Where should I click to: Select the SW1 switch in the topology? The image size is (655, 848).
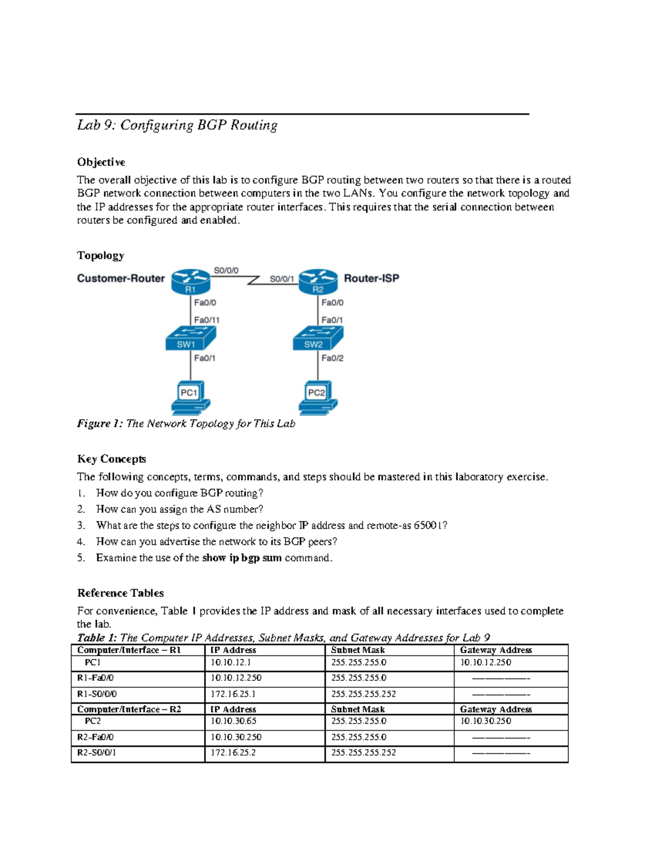click(x=190, y=339)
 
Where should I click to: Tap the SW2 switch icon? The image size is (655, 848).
click(x=318, y=339)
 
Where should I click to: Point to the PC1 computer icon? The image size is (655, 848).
click(x=190, y=397)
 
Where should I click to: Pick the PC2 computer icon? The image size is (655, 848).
click(x=318, y=397)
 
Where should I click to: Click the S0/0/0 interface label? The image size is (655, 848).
click(x=226, y=270)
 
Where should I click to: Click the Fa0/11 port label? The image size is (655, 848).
click(x=207, y=320)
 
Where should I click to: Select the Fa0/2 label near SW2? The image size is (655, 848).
click(x=332, y=358)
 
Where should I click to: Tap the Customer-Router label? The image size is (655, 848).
click(x=121, y=278)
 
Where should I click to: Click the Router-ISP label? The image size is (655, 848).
click(x=371, y=278)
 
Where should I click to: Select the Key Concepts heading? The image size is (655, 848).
click(x=111, y=459)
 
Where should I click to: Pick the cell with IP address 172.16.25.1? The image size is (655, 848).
click(x=234, y=694)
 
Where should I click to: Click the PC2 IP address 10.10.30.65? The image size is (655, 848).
click(x=234, y=721)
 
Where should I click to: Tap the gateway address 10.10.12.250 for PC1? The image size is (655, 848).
click(x=486, y=662)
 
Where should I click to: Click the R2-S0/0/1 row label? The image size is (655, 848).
click(x=96, y=752)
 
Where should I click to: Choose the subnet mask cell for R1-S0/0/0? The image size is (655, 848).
click(x=364, y=694)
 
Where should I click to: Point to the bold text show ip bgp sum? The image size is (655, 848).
click(x=242, y=558)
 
